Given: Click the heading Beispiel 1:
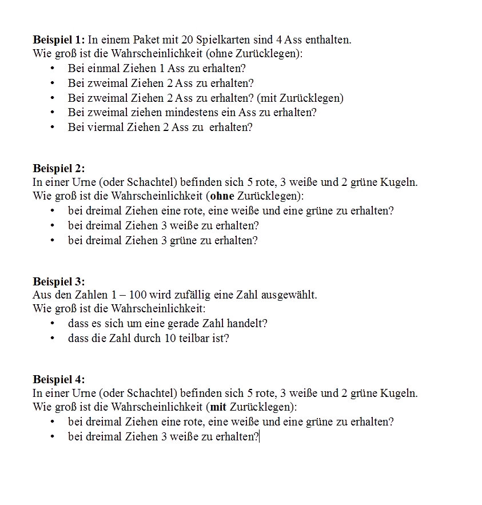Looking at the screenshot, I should pos(58,40).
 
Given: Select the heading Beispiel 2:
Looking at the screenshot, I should pos(58,168).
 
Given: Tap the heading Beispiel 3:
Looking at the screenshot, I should pos(58,281).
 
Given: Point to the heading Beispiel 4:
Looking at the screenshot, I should pos(58,379).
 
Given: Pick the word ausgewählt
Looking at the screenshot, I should pos(289,295).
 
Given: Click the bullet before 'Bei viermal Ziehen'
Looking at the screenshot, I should pos(53,127).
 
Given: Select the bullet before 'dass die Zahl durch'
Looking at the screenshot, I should pos(53,338).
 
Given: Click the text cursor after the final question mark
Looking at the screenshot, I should pos(260,436).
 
